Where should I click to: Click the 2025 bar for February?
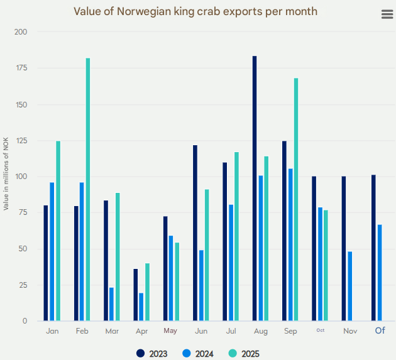tap(88, 189)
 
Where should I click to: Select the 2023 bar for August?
tap(255, 188)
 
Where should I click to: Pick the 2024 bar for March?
tap(112, 304)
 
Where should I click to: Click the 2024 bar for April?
tap(141, 307)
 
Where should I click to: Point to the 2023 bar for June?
tap(195, 232)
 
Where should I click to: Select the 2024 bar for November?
tap(350, 286)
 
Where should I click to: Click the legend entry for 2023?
tap(152, 354)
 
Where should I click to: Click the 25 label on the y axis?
tap(23, 285)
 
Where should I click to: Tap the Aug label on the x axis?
tap(260, 330)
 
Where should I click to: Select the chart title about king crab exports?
tap(195, 11)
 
